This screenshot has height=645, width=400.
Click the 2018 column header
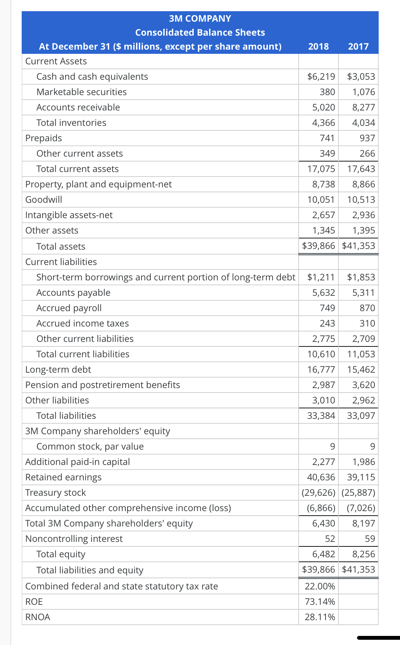point(318,46)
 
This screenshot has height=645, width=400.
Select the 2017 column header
point(358,46)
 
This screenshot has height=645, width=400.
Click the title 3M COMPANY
point(200,19)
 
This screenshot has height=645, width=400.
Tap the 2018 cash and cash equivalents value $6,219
point(321,77)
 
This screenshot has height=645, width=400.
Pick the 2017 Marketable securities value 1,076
point(364,92)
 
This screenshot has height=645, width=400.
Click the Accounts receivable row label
point(78,107)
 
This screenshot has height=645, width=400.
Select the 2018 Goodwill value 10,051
point(321,200)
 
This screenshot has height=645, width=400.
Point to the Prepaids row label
point(44,138)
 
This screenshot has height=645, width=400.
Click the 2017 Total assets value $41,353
point(358,246)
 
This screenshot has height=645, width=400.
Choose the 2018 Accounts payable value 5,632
point(323,293)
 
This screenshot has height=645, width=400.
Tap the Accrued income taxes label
point(83,323)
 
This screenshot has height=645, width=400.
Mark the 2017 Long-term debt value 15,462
point(361,370)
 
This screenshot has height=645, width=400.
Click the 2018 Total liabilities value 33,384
point(321,416)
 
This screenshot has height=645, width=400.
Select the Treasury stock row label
point(56,493)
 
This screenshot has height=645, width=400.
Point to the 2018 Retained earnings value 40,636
point(321,477)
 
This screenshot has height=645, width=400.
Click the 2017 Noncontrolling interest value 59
point(370,539)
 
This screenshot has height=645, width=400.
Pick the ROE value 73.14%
point(320,602)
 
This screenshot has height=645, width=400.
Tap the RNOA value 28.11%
point(320,617)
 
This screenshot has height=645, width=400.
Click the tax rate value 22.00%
point(320,586)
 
